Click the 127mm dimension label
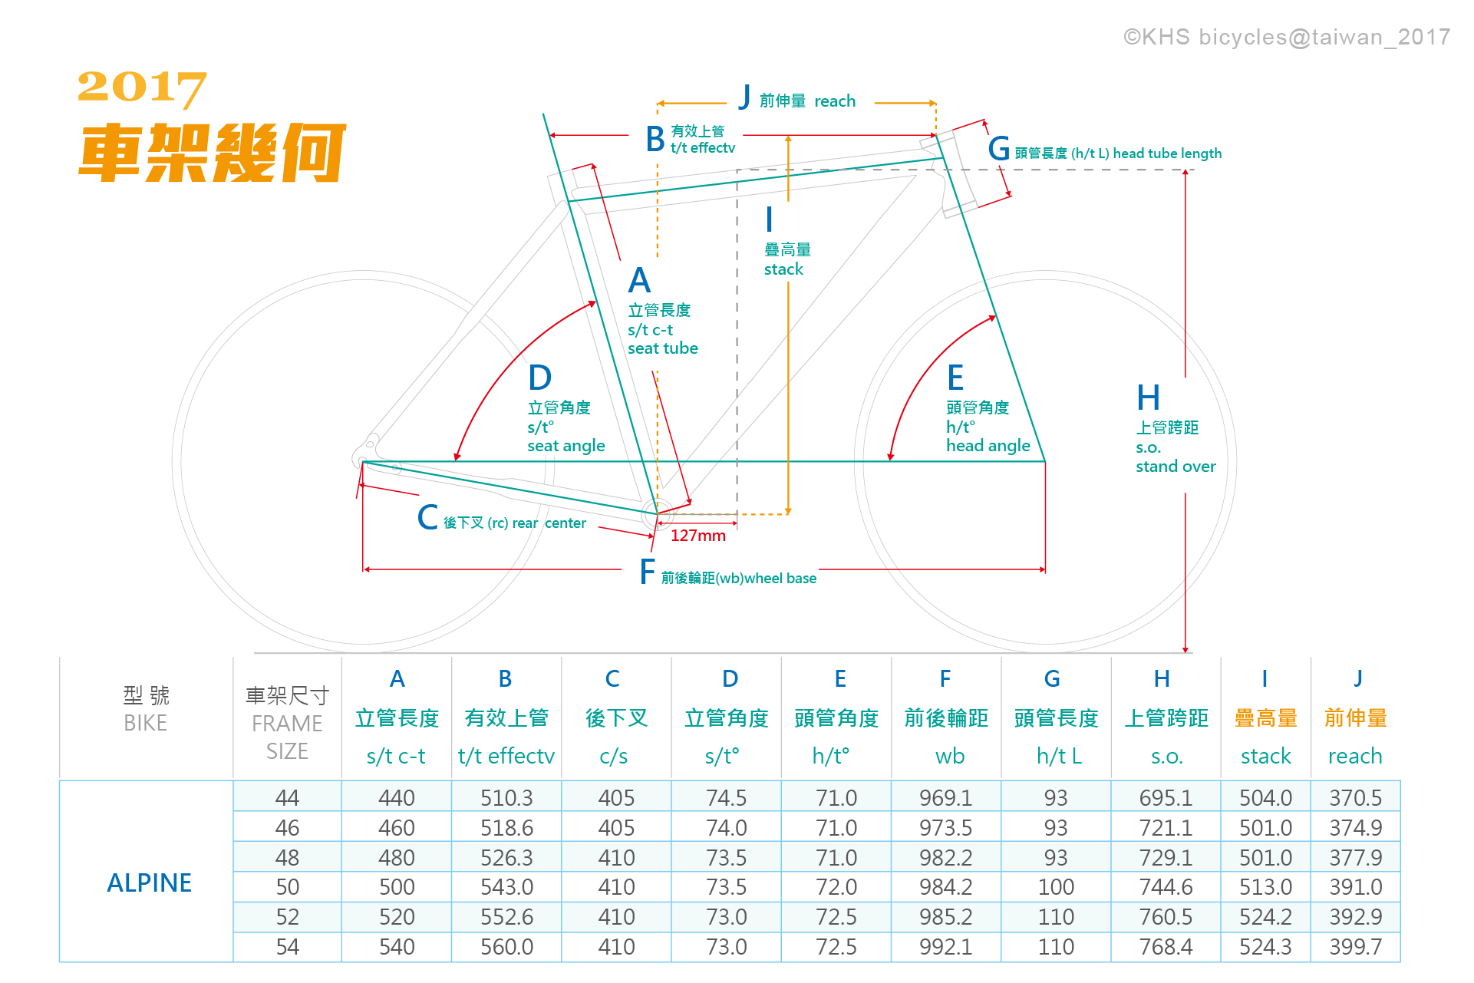point(697,536)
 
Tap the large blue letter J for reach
point(744,97)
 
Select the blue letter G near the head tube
point(998,149)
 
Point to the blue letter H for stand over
point(1148,398)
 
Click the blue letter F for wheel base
point(648,572)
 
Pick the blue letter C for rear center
point(427,518)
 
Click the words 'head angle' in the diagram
point(988,446)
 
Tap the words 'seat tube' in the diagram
point(662,348)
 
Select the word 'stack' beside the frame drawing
point(783,269)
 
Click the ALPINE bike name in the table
point(149,883)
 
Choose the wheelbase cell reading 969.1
point(945,798)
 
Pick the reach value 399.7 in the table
point(1355,947)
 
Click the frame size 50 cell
point(287,887)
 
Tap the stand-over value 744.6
point(1166,887)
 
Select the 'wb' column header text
point(949,757)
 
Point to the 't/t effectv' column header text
point(506,757)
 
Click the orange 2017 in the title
point(142,87)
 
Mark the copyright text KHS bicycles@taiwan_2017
point(1286,37)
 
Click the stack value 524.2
point(1265,917)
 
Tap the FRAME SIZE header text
point(287,737)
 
